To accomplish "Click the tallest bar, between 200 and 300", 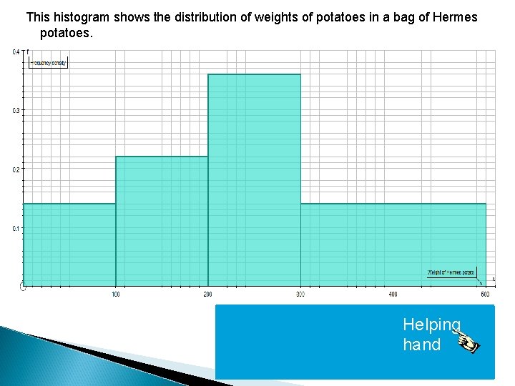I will click(254, 179).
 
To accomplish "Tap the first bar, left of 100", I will click(69, 244).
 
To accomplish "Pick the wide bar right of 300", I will click(393, 244).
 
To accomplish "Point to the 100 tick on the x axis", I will click(116, 295).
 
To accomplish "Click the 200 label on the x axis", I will click(208, 295).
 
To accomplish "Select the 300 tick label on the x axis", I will click(300, 295).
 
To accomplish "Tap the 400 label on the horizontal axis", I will click(393, 295).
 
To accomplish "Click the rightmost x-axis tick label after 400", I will click(485, 295).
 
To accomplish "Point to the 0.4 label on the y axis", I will click(15, 51).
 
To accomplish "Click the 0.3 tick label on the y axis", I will click(15, 111).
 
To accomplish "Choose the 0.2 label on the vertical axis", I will click(15, 169).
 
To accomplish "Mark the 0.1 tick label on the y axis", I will click(15, 229).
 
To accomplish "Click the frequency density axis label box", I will click(49, 63).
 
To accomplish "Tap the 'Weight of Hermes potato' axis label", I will click(451, 272).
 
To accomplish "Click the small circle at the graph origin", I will click(23, 287).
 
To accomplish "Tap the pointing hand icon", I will click(466, 340).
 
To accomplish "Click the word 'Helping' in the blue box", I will click(431, 325).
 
